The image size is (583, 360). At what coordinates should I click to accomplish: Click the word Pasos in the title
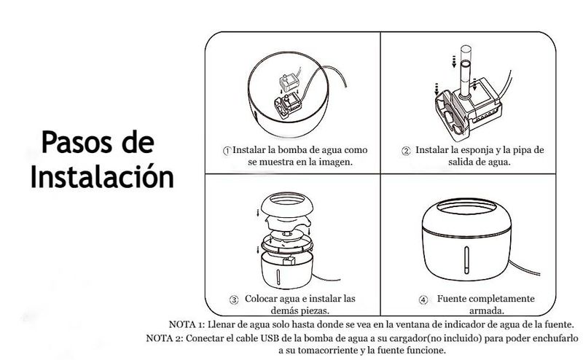click(77, 142)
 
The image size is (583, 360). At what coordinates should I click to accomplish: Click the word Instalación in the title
click(102, 176)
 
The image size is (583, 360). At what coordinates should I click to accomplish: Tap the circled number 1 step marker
click(227, 151)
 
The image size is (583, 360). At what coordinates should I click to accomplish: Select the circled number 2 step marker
click(406, 151)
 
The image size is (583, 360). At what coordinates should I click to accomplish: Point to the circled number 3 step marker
click(234, 300)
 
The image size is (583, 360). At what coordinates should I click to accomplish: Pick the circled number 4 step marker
click(423, 300)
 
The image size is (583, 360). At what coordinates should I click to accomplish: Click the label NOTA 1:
click(187, 324)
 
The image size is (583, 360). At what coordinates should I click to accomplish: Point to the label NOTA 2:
click(165, 338)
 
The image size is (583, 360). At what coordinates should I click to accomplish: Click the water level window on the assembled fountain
click(466, 260)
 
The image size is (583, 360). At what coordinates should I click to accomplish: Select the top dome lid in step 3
click(286, 204)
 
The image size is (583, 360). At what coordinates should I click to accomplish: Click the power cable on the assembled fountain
click(524, 268)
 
